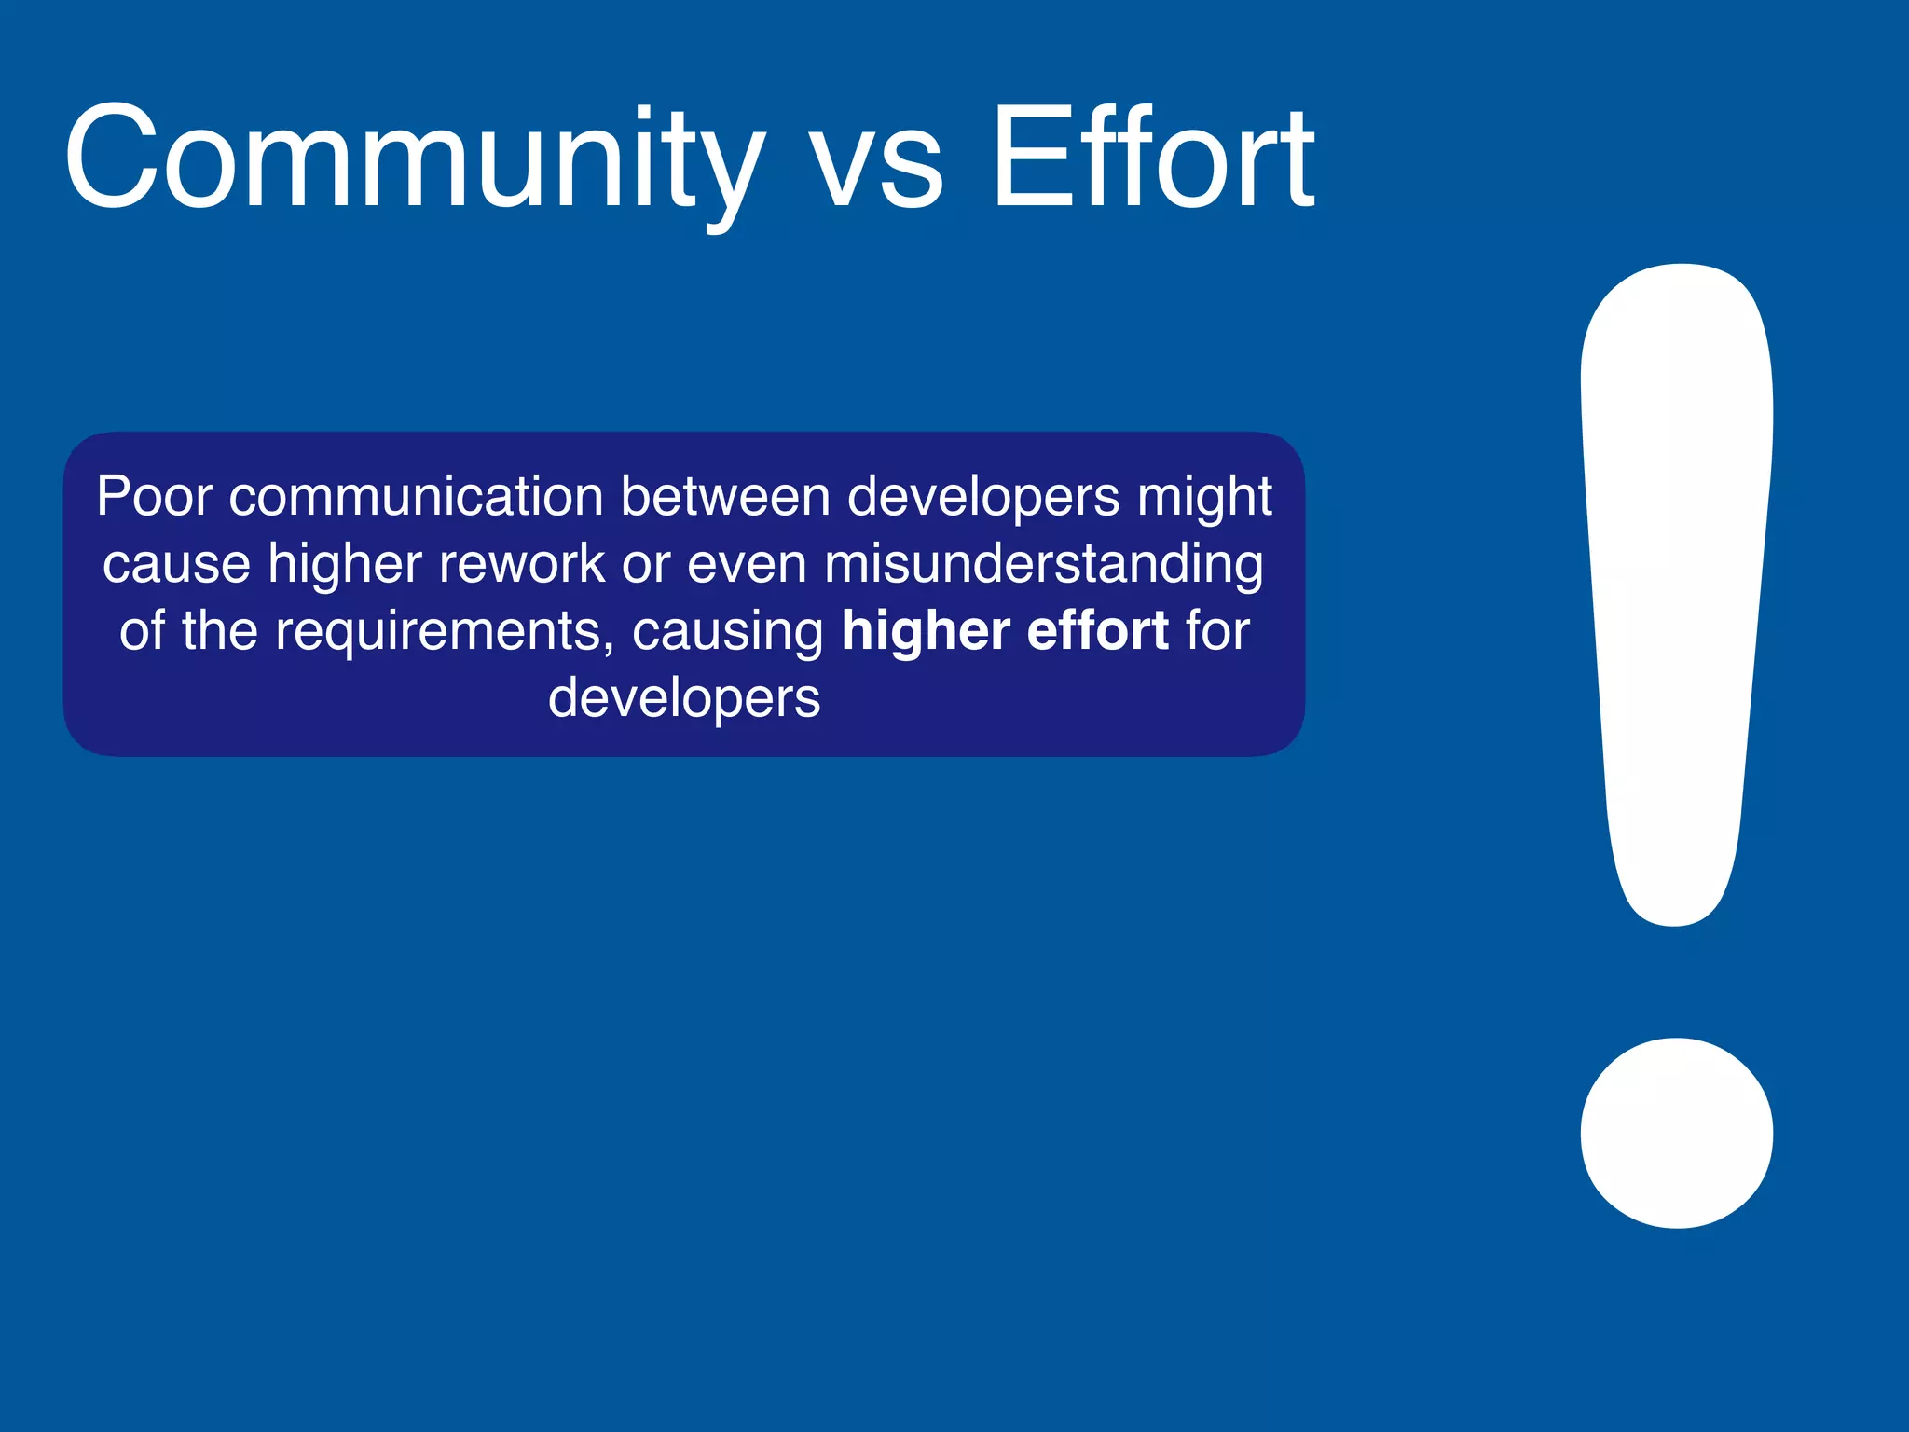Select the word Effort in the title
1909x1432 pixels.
click(1152, 158)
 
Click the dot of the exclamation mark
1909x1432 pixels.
click(1676, 1133)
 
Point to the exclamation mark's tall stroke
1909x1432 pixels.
click(1676, 578)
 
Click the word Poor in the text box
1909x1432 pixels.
click(155, 496)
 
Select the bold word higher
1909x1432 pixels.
click(925, 632)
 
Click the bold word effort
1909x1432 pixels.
click(1097, 630)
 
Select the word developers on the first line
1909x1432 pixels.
click(983, 498)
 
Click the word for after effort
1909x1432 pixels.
click(1217, 630)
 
